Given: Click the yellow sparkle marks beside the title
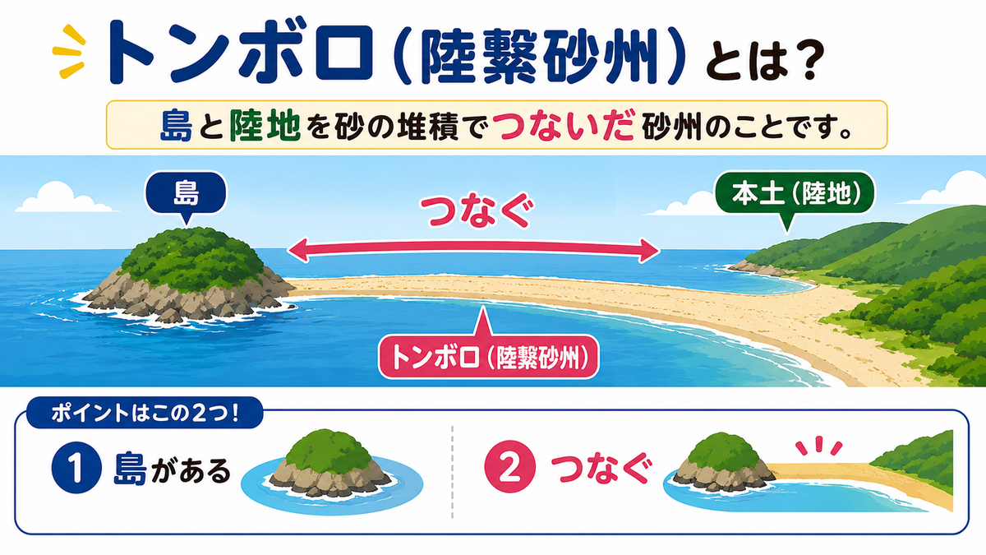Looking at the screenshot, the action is click(69, 52).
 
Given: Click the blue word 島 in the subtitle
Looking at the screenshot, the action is click(177, 125).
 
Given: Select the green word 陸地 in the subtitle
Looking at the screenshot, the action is click(265, 125).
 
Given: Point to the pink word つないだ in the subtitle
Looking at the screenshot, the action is click(563, 126).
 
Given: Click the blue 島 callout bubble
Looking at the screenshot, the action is click(186, 193).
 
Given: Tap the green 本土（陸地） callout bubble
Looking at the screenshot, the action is click(795, 194).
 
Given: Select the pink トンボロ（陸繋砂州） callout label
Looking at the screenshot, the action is click(489, 357).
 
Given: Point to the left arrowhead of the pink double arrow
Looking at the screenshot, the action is click(298, 250).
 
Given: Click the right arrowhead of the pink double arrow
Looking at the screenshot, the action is click(650, 251).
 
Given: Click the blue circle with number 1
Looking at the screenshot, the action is click(76, 467).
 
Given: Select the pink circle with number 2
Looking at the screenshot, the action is click(509, 467).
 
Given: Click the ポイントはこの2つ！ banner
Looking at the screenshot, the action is click(145, 413).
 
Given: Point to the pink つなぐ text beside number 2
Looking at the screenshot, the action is click(601, 469).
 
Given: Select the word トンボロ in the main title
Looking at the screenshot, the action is click(239, 53).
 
